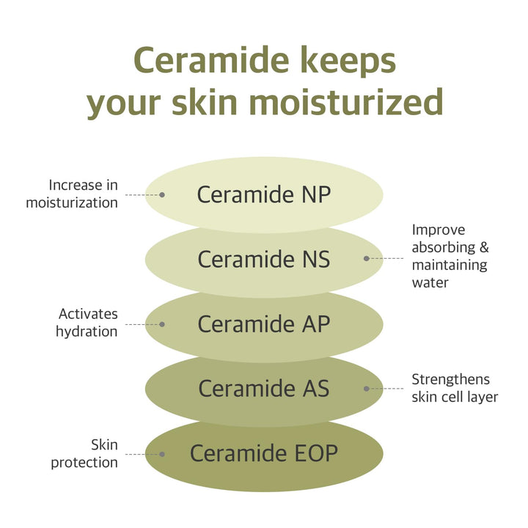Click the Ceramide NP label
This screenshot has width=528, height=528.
(264, 195)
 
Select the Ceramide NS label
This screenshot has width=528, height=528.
(264, 260)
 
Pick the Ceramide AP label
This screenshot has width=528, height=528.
(264, 323)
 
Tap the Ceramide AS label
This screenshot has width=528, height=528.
(264, 388)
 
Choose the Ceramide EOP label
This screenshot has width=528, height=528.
(264, 453)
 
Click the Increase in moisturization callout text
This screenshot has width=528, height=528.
(72, 194)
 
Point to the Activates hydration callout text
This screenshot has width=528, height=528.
(87, 323)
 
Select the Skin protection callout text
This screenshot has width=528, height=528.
(84, 453)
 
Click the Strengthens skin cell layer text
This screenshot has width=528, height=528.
(454, 388)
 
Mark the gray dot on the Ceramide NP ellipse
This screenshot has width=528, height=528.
(162, 195)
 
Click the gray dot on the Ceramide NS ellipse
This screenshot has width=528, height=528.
(366, 258)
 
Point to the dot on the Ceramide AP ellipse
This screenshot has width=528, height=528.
(162, 323)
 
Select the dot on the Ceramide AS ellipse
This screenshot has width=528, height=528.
(366, 388)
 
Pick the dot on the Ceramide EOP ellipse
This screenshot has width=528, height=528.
(162, 454)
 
